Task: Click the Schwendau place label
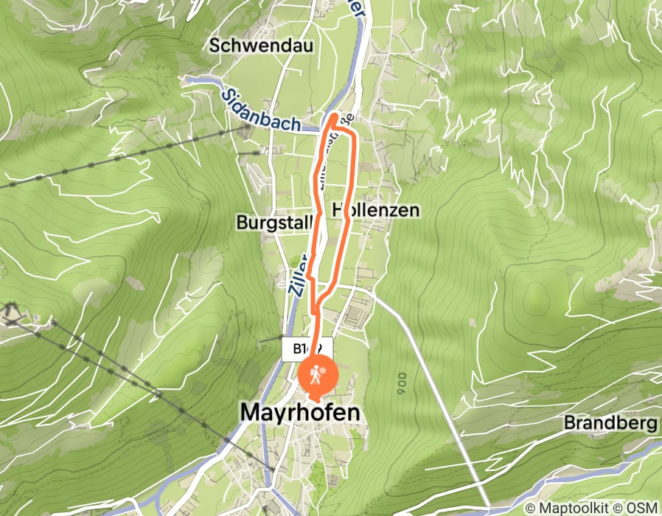tap(262, 45)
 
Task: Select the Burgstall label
tap(273, 222)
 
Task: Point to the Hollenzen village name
tap(376, 210)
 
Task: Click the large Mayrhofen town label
tap(301, 414)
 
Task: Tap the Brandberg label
tap(610, 423)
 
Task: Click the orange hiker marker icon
tap(317, 376)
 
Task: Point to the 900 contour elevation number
tap(402, 383)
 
